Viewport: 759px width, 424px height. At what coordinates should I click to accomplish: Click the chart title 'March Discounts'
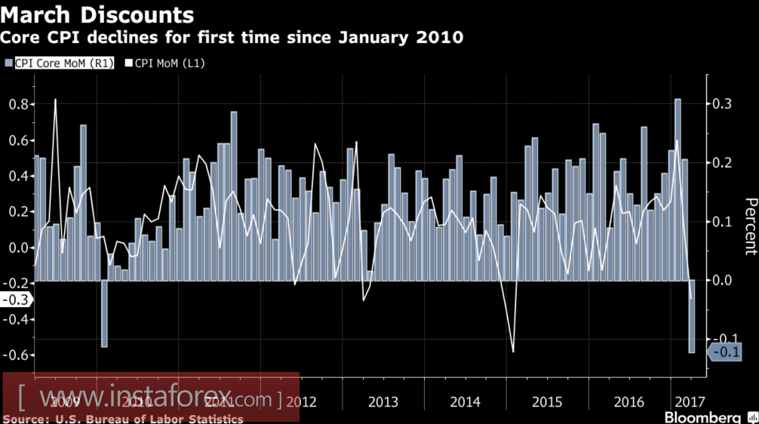(97, 14)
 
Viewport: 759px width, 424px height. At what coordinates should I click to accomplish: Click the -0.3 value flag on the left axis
(15, 300)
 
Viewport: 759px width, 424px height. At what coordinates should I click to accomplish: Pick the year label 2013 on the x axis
(383, 401)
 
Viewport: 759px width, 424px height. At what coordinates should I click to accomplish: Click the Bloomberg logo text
(702, 417)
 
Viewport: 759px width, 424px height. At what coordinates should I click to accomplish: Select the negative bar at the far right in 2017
(692, 316)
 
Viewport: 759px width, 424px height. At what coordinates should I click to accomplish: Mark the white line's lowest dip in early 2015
(513, 351)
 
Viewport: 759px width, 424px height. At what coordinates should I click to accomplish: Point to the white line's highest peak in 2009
(55, 100)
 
